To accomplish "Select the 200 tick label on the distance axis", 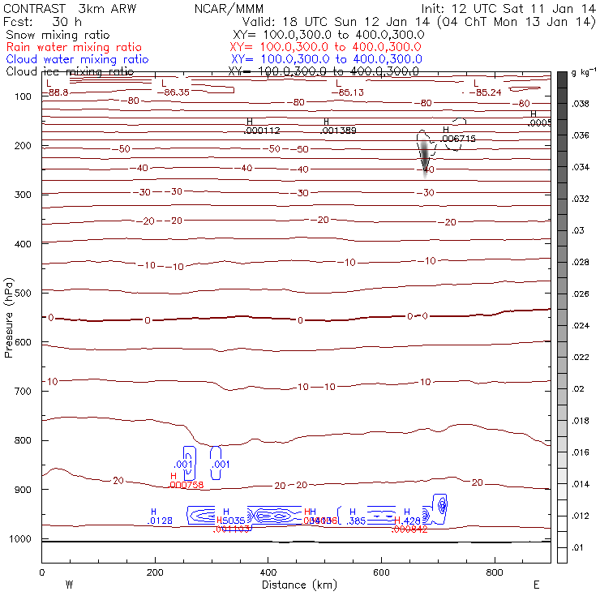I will (x=155, y=572).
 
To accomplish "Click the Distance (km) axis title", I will (x=295, y=585).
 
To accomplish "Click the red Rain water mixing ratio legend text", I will (x=73, y=47).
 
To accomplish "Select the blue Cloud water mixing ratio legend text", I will (x=77, y=59).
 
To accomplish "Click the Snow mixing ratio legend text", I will (x=57, y=36).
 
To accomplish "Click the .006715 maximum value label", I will (x=459, y=139).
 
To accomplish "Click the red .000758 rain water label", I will (x=186, y=485).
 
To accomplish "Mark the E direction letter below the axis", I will (x=536, y=584).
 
